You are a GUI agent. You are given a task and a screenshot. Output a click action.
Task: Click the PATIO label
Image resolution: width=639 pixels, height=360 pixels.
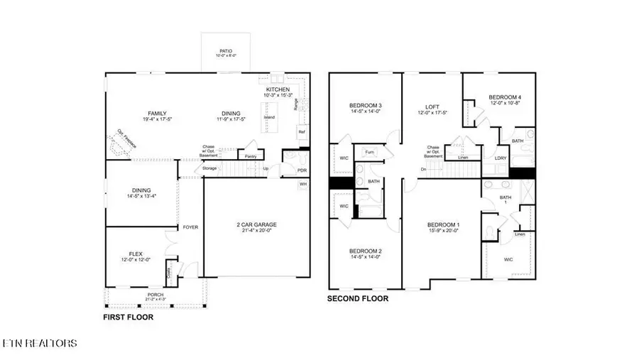[x=226, y=51]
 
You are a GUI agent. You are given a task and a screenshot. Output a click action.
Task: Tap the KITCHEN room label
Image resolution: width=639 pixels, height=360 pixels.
[x=278, y=89]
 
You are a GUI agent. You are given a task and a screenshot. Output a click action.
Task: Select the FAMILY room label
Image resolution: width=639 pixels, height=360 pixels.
[x=157, y=113]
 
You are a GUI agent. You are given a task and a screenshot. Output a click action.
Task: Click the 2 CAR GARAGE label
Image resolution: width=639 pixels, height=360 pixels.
[x=256, y=225]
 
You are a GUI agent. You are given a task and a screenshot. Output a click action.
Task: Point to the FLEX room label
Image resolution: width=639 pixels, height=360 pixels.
[x=136, y=253]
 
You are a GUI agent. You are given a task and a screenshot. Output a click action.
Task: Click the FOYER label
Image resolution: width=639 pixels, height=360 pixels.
[x=190, y=227]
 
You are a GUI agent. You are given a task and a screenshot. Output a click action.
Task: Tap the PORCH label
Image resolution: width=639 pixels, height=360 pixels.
[x=155, y=295]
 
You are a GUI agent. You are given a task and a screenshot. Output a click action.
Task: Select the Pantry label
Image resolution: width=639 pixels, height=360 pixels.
[x=250, y=156]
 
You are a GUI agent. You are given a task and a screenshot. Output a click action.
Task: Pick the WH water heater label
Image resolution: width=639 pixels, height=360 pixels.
[x=302, y=184]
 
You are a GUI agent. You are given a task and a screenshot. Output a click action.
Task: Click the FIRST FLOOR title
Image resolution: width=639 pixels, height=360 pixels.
[x=128, y=317]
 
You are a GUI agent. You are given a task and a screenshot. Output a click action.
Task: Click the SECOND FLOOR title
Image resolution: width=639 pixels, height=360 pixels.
[x=357, y=299]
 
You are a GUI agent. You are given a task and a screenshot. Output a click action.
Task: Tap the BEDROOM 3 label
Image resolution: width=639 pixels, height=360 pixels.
[x=366, y=105]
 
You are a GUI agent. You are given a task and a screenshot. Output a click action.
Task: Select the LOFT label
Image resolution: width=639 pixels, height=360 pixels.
[x=431, y=106]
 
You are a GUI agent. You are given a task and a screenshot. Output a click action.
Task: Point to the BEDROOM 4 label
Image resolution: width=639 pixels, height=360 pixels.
[x=505, y=97]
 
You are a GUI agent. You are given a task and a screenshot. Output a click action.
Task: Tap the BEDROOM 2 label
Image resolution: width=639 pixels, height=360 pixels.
[x=366, y=251]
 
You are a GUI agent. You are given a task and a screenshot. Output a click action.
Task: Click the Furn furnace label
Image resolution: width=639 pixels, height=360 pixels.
[x=369, y=152]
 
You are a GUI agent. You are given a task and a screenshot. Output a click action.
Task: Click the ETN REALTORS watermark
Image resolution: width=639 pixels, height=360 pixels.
[x=39, y=344]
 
